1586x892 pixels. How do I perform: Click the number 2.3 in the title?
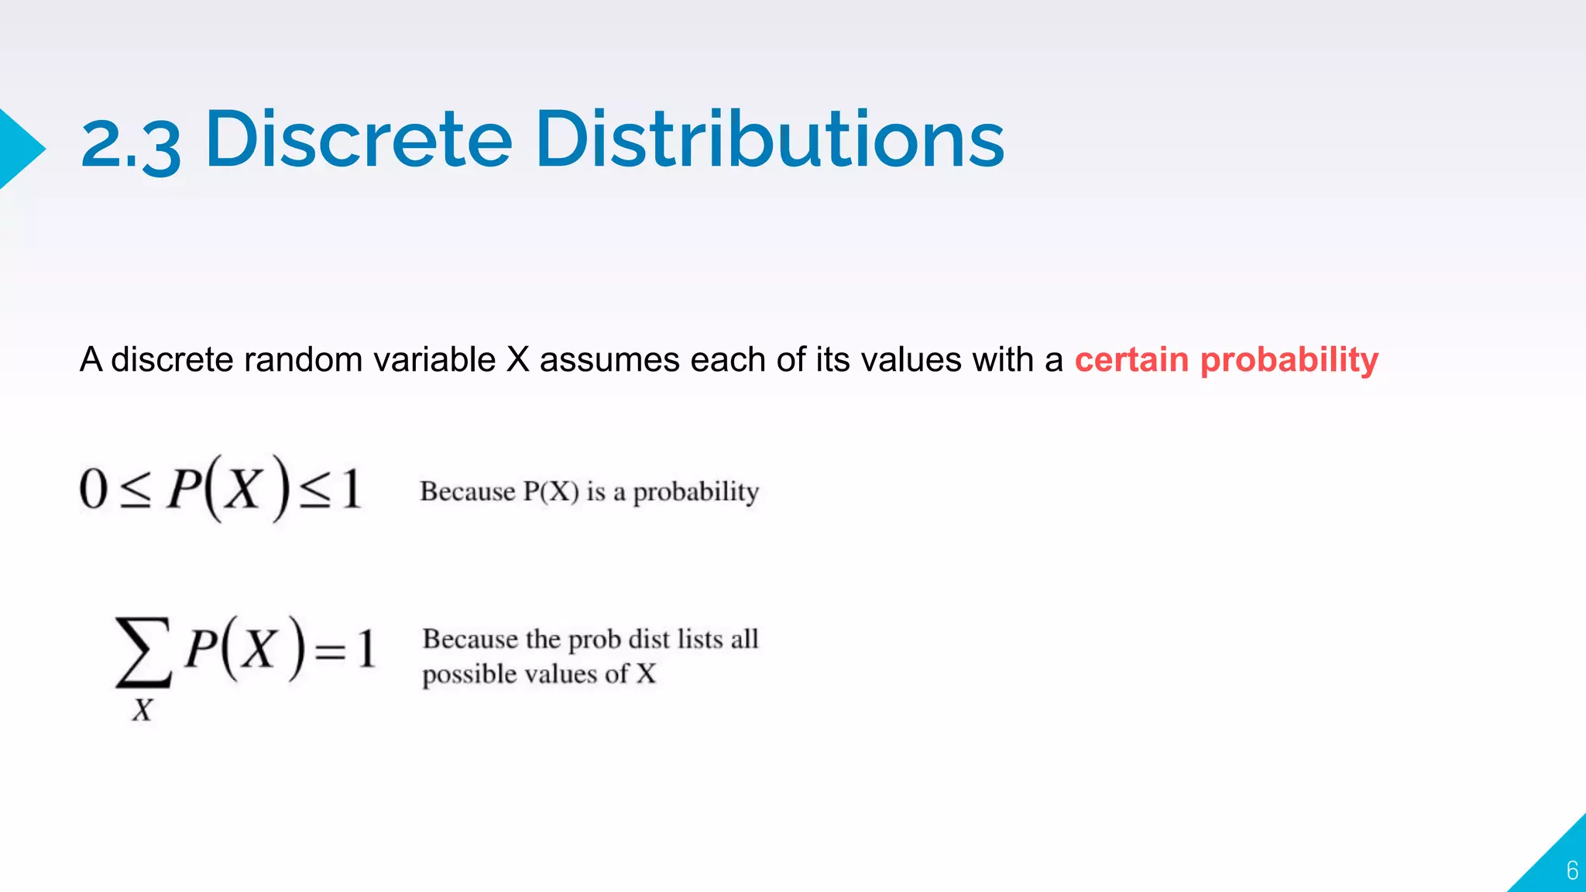tap(130, 143)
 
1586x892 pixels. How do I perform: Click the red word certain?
tap(1131, 360)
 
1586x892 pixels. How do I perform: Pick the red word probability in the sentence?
tap(1289, 361)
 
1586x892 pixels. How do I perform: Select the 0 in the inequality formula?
tap(93, 489)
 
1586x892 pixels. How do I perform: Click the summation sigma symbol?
tap(143, 652)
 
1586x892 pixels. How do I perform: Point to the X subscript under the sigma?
tap(142, 710)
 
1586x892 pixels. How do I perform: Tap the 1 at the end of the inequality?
tap(352, 489)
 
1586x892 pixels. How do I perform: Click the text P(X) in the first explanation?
tap(551, 492)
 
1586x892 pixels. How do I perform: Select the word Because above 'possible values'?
tap(470, 640)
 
